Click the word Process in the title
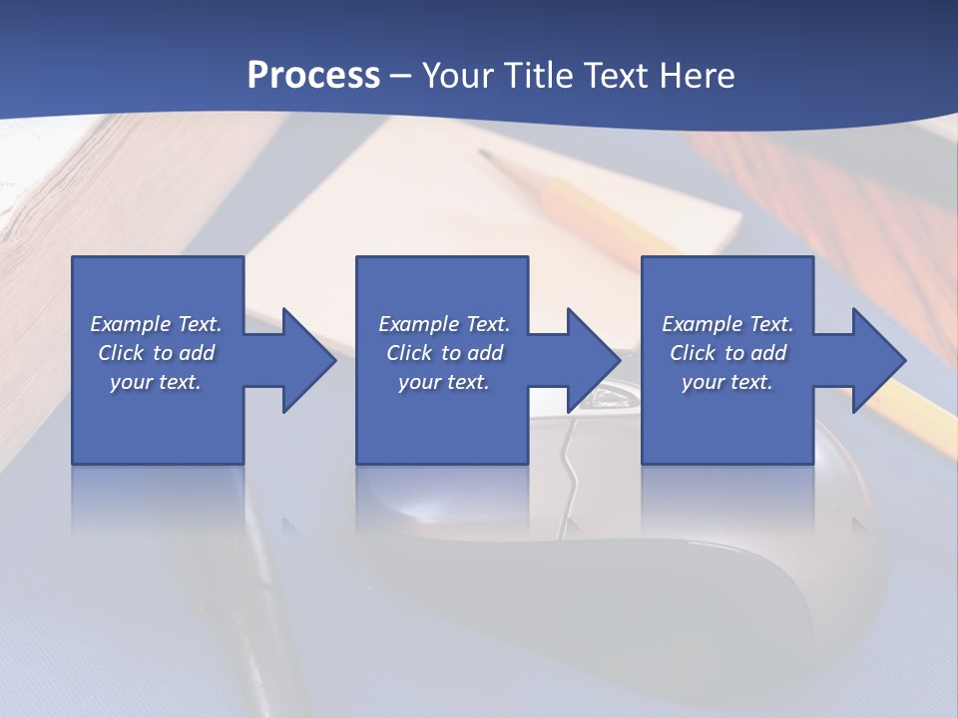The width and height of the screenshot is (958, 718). pos(313,76)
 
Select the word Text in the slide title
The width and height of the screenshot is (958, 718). pos(614,76)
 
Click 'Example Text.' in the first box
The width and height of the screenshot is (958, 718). pos(157,324)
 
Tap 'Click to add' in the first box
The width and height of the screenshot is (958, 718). pos(157,353)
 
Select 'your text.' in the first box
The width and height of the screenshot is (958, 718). pos(157,382)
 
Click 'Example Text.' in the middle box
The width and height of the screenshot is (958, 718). pos(444,324)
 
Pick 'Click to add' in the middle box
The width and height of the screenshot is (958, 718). pos(444,353)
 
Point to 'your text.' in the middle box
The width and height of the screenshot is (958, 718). pos(444,382)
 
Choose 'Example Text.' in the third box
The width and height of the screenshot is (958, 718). pos(727,324)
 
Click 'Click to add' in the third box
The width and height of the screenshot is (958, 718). pos(727,353)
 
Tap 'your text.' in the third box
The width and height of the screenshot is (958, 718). pos(727,382)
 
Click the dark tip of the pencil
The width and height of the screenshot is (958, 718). pos(486,156)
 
